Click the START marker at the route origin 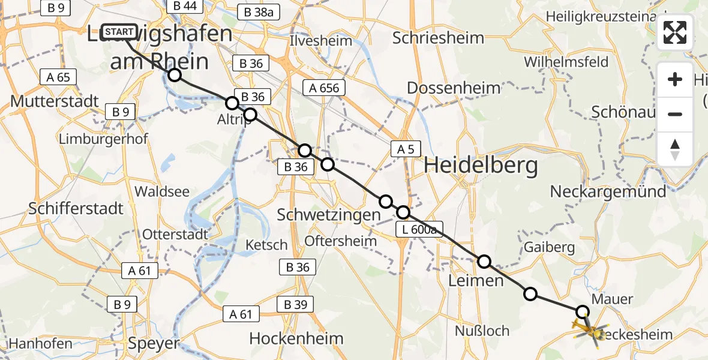120,32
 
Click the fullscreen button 675,32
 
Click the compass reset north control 675,149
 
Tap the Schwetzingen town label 329,214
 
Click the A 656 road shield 324,88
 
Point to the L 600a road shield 419,229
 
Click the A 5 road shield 406,149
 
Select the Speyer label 154,343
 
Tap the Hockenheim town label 296,338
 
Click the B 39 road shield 296,305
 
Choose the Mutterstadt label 55,101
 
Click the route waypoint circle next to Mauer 582,311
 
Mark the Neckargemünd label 608,192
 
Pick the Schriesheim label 438,38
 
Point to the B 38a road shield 259,12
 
